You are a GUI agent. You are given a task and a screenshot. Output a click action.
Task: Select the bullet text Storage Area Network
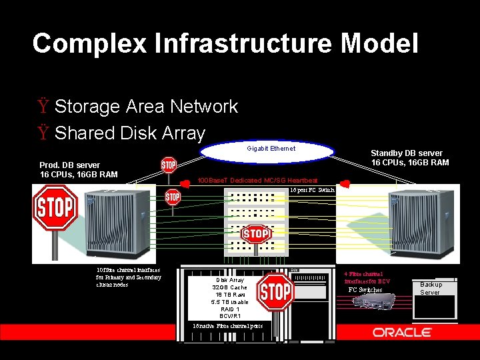[x=146, y=107]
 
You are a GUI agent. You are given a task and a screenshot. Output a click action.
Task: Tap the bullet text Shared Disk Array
[x=129, y=133]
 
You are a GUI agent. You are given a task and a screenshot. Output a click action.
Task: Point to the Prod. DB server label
[x=70, y=165]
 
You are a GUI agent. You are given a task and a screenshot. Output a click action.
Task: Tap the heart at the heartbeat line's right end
[x=345, y=182]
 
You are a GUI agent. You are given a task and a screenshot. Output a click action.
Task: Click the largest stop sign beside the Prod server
[x=56, y=208]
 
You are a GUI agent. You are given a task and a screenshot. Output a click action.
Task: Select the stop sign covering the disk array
[x=275, y=291]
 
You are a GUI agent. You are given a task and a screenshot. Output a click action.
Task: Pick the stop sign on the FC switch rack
[x=256, y=234]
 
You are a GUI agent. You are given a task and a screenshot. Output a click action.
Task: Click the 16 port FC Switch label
[x=312, y=190]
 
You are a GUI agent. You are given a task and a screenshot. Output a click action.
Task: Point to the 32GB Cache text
[x=230, y=287]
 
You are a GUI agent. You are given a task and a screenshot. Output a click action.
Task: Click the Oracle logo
[x=402, y=332]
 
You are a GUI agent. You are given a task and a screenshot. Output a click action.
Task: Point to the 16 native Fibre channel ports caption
[x=227, y=325]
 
